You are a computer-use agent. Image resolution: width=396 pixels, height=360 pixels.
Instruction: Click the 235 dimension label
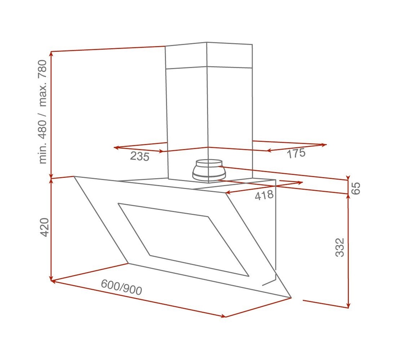point(140,156)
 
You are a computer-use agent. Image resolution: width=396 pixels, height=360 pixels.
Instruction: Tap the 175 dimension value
point(296,153)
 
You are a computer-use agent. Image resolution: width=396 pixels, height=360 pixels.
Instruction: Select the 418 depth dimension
point(264,195)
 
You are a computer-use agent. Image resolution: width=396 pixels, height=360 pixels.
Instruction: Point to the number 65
point(356,188)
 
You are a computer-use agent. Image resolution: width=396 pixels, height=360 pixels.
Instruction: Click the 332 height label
point(340,247)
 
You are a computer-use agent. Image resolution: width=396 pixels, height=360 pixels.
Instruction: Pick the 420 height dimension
point(44,227)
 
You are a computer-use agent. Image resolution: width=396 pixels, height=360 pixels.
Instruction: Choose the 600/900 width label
point(121,288)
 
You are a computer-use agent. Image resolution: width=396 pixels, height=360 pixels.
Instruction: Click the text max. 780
point(42,84)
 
